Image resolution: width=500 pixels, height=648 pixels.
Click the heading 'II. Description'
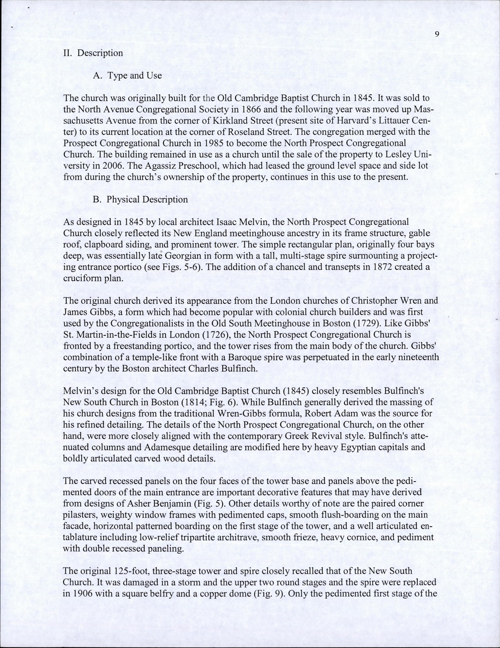tap(93, 53)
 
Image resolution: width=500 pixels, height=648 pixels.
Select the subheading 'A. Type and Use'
tap(127, 76)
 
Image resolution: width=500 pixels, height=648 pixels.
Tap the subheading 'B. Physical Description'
tap(140, 200)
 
